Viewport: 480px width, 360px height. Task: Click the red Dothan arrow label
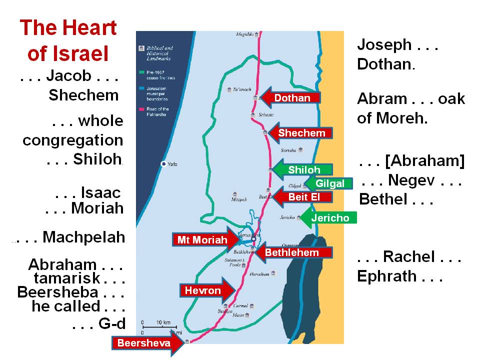(x=292, y=98)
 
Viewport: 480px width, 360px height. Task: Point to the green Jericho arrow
(x=327, y=218)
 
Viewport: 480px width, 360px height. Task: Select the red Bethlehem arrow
(x=292, y=252)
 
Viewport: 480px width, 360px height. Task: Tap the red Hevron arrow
(x=205, y=290)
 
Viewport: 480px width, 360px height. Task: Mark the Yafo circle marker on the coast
(x=163, y=163)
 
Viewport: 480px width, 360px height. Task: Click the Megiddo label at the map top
(x=245, y=34)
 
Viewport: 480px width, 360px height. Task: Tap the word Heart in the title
(x=90, y=27)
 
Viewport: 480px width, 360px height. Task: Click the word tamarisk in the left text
(x=65, y=278)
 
